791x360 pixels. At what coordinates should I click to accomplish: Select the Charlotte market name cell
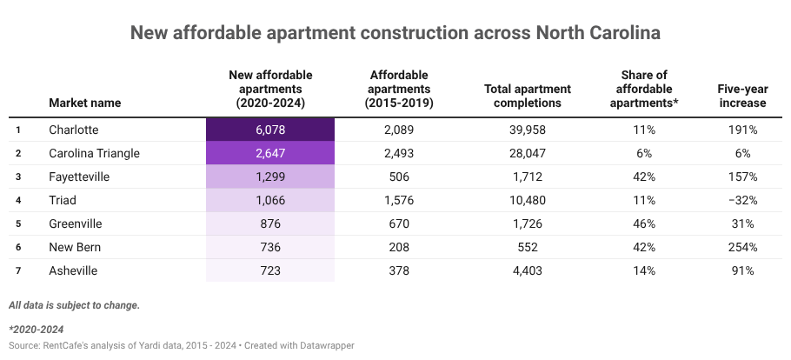click(74, 130)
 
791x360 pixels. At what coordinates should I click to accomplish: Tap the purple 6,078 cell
click(269, 130)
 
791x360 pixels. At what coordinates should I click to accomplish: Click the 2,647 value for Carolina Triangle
click(269, 153)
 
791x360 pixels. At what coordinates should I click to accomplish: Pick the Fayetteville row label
click(80, 177)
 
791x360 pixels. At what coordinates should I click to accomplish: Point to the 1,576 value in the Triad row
click(402, 200)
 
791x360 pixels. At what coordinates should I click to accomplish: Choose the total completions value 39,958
click(527, 130)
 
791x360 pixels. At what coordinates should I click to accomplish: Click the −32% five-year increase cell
click(741, 200)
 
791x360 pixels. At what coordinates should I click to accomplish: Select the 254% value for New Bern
click(741, 247)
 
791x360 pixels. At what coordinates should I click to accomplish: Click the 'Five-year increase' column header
click(741, 96)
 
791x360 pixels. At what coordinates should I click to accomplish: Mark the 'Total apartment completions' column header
click(527, 96)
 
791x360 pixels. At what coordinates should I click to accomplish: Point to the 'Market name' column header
click(84, 103)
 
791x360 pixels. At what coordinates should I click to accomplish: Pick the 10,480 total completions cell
click(527, 200)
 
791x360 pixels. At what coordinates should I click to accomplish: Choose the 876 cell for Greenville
click(269, 223)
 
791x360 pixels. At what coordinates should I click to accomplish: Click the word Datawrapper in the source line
click(324, 345)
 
